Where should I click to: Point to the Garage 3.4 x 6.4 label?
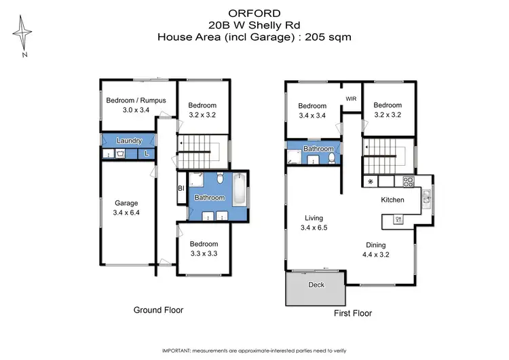click(126, 208)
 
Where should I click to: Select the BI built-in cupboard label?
click(181, 188)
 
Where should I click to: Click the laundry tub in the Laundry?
click(119, 155)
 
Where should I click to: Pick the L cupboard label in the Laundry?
click(147, 155)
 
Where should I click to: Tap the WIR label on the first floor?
click(351, 99)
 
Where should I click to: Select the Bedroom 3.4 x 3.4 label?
click(313, 111)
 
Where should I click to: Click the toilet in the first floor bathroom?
click(331, 158)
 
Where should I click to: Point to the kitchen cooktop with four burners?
click(409, 182)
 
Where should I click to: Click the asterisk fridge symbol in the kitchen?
click(370, 183)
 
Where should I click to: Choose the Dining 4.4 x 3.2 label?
click(375, 250)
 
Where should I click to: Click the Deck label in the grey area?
click(316, 285)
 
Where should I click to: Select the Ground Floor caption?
click(158, 310)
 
